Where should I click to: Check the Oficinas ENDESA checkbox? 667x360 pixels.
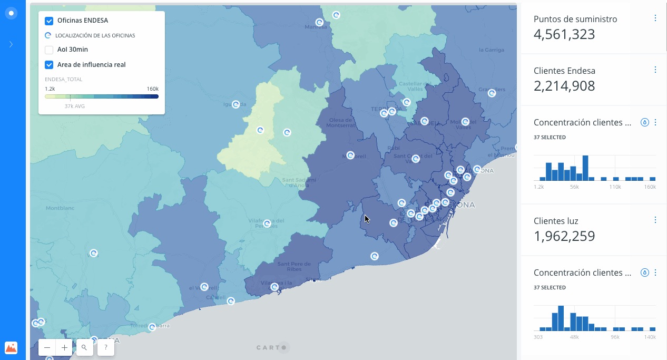49,21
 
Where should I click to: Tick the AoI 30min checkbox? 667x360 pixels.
49,50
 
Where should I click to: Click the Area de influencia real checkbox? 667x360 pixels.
49,65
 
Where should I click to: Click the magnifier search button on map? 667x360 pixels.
84,347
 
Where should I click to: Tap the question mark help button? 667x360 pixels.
106,347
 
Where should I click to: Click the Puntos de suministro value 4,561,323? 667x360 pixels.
564,35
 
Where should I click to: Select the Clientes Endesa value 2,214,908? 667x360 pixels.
564,86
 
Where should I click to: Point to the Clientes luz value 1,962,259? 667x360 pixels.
564,236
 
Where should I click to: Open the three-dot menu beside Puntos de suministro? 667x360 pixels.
655,18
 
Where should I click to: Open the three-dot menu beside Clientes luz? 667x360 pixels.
655,220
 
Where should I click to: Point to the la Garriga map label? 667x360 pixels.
492,50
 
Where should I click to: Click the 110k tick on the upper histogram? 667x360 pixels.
615,187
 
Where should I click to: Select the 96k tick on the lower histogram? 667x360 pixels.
615,337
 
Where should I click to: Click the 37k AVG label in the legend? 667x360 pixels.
74,106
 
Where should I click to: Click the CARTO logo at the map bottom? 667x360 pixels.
271,347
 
